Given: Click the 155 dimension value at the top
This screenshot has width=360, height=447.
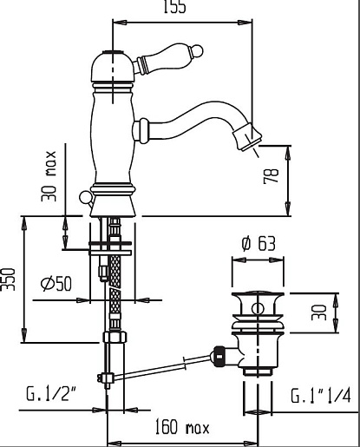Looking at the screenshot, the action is pyautogui.click(x=174, y=6).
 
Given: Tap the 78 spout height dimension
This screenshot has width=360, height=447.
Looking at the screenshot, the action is pyautogui.click(x=272, y=175).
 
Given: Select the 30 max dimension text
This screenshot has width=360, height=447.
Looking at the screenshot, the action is pyautogui.click(x=49, y=175).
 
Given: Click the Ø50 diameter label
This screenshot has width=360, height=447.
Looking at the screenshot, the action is pyautogui.click(x=56, y=283).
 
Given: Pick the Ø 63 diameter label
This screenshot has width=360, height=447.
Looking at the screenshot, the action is pyautogui.click(x=259, y=243).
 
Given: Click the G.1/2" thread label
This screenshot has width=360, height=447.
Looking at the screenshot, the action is pyautogui.click(x=52, y=393).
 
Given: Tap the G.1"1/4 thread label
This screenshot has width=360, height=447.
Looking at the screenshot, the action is pyautogui.click(x=321, y=396).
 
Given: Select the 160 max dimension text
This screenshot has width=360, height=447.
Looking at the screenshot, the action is pyautogui.click(x=182, y=427).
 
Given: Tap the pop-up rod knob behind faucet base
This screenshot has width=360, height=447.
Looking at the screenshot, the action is pyautogui.click(x=85, y=198).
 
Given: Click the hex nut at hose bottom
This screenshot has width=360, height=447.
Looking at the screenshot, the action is pyautogui.click(x=115, y=337).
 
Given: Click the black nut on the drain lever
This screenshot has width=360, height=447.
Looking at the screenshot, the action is pyautogui.click(x=219, y=356).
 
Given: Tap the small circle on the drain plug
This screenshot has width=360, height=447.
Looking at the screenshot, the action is pyautogui.click(x=257, y=308).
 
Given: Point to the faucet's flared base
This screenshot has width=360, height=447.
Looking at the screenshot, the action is pyautogui.click(x=113, y=207).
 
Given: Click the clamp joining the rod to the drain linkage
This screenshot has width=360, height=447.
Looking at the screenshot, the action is pyautogui.click(x=106, y=378).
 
